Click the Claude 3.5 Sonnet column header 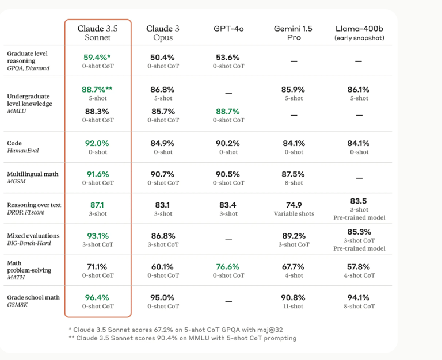97,33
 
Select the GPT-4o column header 228,28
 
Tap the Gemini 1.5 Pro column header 294,33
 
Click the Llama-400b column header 359,33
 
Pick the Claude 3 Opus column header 163,33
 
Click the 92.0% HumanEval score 97,143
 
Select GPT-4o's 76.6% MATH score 228,266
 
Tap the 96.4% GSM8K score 97,297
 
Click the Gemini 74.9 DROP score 294,205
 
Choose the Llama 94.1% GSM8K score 359,297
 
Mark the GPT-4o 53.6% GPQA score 228,57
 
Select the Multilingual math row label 33,178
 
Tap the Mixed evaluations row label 33,239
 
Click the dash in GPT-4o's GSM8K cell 228,301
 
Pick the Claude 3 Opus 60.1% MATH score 163,266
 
